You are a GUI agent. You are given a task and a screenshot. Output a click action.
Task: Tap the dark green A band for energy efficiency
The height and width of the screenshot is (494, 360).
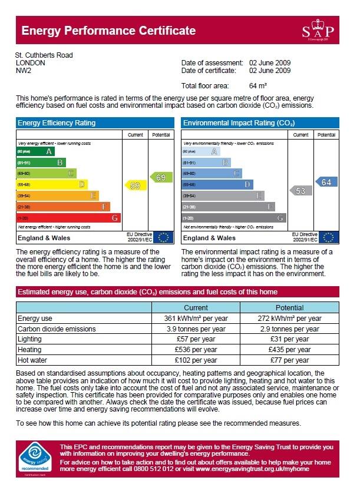[x=36, y=151]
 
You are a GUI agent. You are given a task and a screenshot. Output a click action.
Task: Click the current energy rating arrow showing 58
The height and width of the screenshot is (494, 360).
[x=134, y=185]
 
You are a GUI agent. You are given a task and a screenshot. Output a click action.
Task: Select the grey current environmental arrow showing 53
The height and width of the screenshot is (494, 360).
[x=300, y=191]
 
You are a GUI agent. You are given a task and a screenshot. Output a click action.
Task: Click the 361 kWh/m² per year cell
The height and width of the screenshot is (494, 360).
[x=196, y=319]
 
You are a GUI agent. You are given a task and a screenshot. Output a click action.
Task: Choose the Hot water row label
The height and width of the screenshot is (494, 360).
[x=32, y=360]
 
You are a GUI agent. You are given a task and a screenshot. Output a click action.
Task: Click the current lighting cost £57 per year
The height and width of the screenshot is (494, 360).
[x=196, y=339]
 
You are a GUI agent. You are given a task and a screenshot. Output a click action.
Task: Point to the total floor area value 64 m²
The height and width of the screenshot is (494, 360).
[x=258, y=86]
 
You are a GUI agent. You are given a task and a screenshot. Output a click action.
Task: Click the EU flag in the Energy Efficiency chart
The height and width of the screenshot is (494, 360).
[x=163, y=238]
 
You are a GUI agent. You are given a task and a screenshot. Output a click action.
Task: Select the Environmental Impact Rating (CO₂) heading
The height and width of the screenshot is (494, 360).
[x=239, y=123]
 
